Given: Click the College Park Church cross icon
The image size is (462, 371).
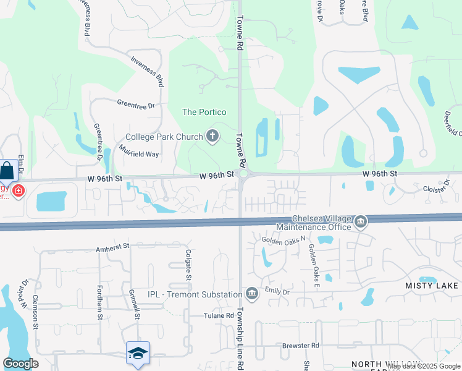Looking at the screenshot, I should point(212,137).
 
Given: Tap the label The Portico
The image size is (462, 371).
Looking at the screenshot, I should point(204,112).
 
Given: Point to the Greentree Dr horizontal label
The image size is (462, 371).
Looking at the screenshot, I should point(135,106).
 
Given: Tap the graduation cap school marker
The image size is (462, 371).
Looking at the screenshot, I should point(138,353).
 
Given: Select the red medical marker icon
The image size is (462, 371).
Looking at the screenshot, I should point(19,190).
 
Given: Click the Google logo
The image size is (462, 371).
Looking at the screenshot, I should point(20,364).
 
